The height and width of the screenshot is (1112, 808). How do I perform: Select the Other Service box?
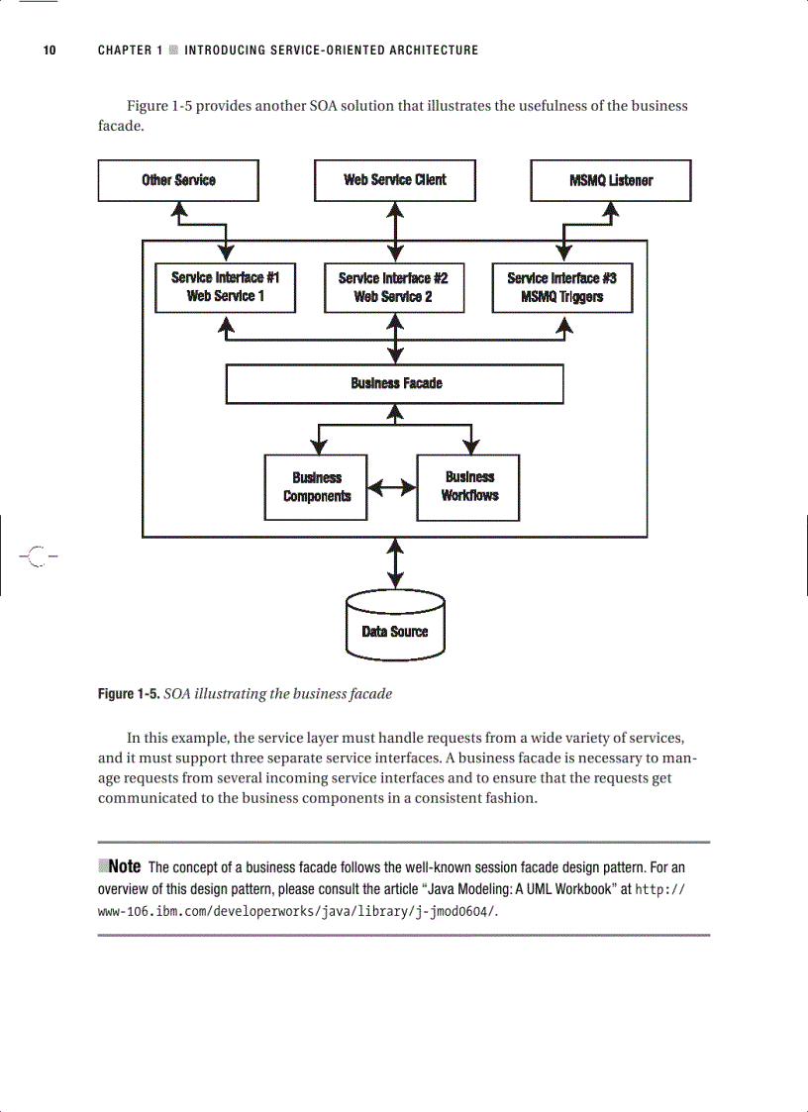(x=178, y=180)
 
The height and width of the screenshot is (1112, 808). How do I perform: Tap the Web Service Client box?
(x=394, y=180)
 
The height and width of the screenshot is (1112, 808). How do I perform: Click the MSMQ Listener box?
(x=611, y=180)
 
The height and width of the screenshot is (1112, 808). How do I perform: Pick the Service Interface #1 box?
(x=225, y=287)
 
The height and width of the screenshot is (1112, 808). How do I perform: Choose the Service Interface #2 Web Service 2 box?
(x=393, y=287)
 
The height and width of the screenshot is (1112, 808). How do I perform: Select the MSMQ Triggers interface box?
(x=561, y=287)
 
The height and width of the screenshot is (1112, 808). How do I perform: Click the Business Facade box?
(x=394, y=383)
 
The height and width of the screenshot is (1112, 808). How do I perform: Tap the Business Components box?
(x=316, y=487)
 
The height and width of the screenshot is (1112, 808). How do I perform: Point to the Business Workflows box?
(x=469, y=486)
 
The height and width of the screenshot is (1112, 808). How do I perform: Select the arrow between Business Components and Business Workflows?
(x=391, y=487)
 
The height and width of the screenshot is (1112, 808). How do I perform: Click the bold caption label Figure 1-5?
(x=128, y=694)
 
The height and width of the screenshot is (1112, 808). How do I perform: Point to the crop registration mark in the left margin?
(x=37, y=556)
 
